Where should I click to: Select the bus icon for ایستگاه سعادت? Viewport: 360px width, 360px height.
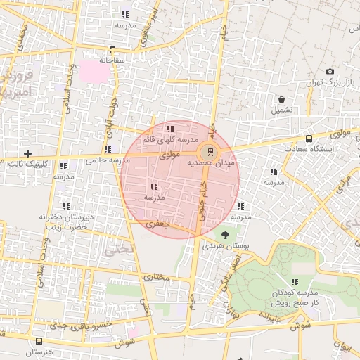pyautogui.click(x=309, y=139)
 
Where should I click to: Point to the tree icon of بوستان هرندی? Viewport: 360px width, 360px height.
pyautogui.click(x=225, y=235)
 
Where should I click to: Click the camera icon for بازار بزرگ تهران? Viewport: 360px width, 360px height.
pyautogui.click(x=330, y=72)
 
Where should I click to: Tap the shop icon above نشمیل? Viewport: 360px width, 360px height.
pyautogui.click(x=281, y=99)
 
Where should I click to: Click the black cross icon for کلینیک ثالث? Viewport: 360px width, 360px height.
pyautogui.click(x=27, y=153)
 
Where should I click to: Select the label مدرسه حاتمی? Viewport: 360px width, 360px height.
pyautogui.click(x=101, y=160)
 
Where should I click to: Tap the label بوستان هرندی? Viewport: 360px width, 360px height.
pyautogui.click(x=221, y=246)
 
